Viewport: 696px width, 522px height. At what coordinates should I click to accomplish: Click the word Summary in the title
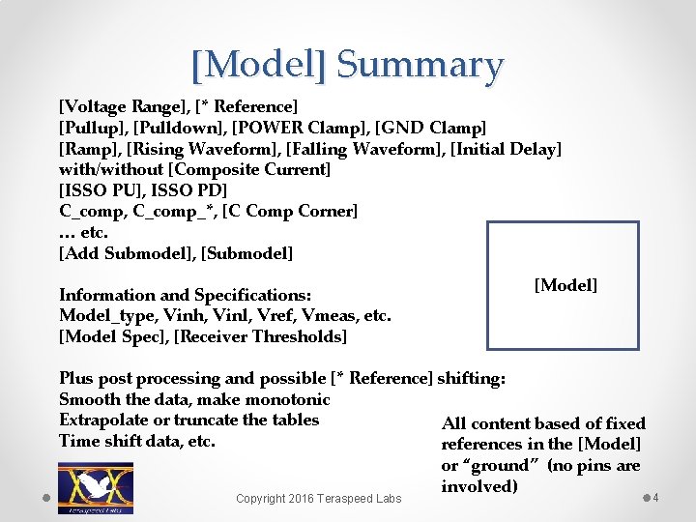[x=420, y=66]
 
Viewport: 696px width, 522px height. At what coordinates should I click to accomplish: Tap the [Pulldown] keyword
[x=171, y=127]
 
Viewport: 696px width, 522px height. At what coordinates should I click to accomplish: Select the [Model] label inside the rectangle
[x=565, y=285]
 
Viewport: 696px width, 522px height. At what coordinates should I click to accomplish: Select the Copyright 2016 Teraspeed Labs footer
[x=319, y=499]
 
